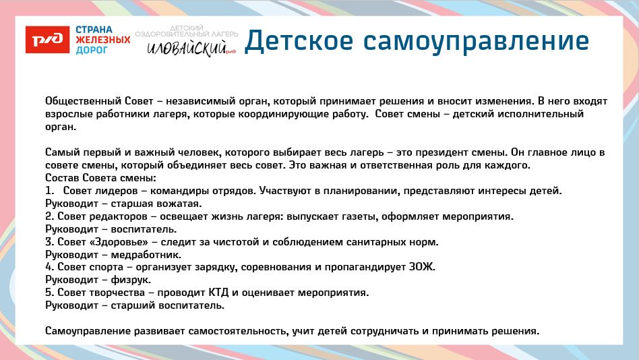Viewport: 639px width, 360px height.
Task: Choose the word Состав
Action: pos(62,178)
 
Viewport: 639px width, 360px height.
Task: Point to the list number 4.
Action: pos(49,268)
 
